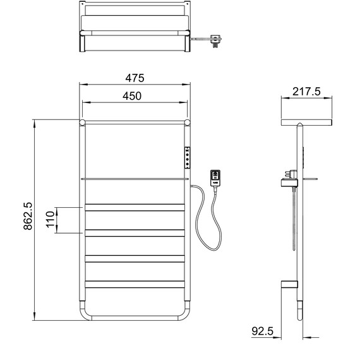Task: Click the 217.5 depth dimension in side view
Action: (x=307, y=92)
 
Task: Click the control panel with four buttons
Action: (x=188, y=157)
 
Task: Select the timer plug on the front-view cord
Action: (x=215, y=177)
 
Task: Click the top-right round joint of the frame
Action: (x=188, y=121)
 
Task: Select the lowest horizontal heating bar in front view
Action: (x=135, y=285)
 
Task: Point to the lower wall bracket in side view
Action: (x=289, y=285)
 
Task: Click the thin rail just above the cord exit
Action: (x=135, y=179)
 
